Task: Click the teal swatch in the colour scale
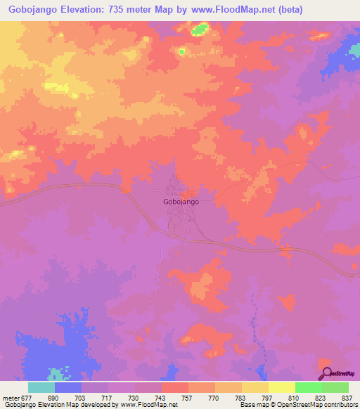(x=41, y=387)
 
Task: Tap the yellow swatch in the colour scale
(x=282, y=387)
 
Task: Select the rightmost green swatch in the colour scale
(x=335, y=387)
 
